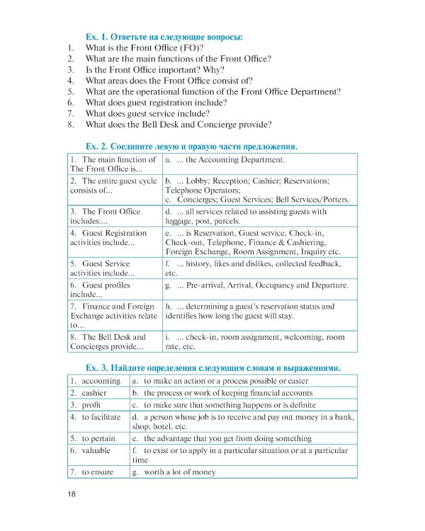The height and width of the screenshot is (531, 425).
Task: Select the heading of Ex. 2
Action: tap(191, 146)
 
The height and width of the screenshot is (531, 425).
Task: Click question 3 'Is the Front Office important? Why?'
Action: tap(154, 69)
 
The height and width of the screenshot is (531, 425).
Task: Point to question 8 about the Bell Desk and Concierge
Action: tap(178, 125)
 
